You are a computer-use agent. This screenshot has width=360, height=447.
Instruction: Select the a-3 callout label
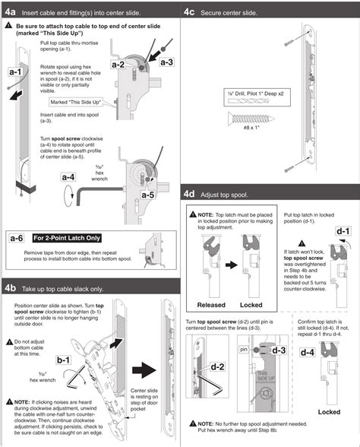(x=166, y=62)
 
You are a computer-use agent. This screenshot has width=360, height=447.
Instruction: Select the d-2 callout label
(x=216, y=366)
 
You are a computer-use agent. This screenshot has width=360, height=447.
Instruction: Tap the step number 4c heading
(x=191, y=11)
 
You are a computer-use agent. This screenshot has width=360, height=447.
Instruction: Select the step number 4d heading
(x=191, y=193)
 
